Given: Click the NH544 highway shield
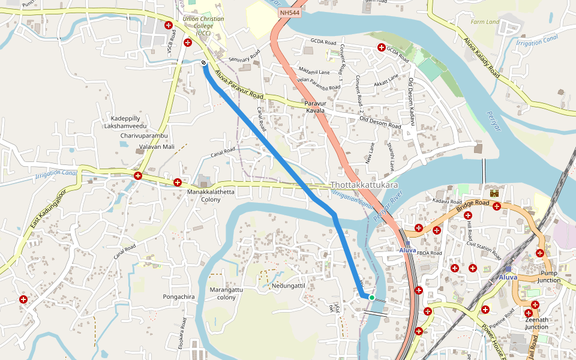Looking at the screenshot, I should [x=290, y=12].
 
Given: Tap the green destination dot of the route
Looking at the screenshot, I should [x=372, y=298].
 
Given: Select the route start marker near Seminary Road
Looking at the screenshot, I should [x=204, y=62].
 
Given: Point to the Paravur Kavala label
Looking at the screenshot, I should [x=315, y=107].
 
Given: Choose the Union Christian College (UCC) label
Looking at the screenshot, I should [x=203, y=26].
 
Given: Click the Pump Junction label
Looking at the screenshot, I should [x=549, y=276].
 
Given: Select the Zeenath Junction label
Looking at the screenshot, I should [x=536, y=323].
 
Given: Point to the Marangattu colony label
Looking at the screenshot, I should [x=226, y=293].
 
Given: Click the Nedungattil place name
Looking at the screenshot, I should [x=289, y=286].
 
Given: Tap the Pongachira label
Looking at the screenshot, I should [x=179, y=297].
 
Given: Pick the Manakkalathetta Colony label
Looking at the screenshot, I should [x=211, y=196].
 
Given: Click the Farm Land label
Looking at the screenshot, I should [x=485, y=22].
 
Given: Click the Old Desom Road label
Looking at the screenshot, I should [x=380, y=122].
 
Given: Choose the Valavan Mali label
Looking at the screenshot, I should [x=157, y=146].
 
